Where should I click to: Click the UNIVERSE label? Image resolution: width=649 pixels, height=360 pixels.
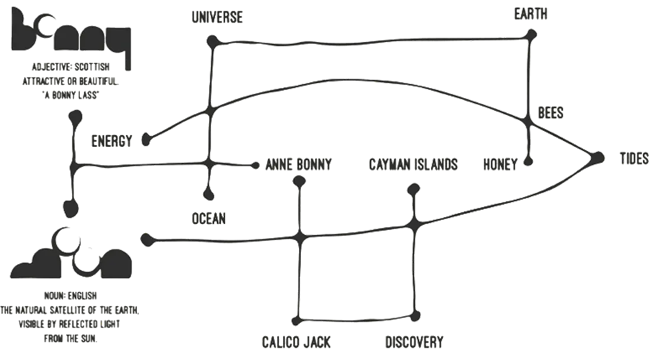[217, 17]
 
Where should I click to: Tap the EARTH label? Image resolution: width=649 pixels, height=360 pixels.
[531, 14]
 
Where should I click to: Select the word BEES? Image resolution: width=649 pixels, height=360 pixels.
[551, 112]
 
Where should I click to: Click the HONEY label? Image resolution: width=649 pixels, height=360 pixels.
[500, 163]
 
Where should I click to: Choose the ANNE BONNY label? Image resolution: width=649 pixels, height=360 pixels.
[298, 164]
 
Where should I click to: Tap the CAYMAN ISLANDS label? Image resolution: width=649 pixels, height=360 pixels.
[414, 164]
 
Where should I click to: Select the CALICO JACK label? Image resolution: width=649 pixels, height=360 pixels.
[296, 342]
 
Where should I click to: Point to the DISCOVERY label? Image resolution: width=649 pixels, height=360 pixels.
[415, 342]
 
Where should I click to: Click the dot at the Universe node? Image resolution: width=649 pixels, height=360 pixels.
[212, 41]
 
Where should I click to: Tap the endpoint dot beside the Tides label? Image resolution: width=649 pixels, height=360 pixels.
[597, 158]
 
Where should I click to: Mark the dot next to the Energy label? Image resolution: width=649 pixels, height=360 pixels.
[146, 140]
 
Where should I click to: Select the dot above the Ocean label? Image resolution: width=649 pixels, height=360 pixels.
[208, 193]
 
